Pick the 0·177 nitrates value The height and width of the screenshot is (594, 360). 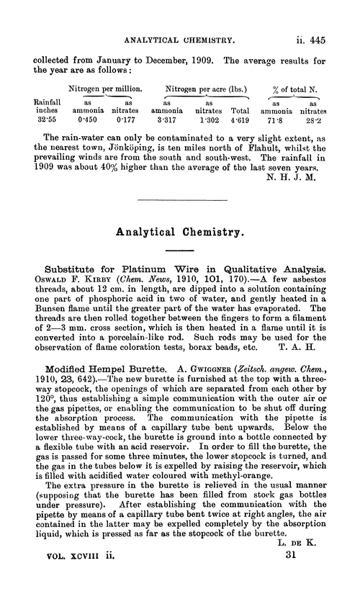[x=127, y=121]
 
